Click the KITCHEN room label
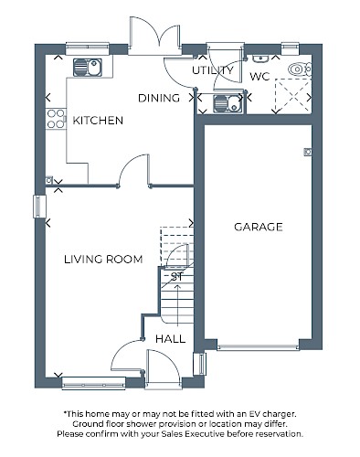pyautogui.click(x=98, y=121)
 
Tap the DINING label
pyautogui.click(x=159, y=98)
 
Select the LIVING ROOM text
pyautogui.click(x=103, y=260)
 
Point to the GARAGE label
pyautogui.click(x=259, y=227)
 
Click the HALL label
pyautogui.click(x=170, y=339)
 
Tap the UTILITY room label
pyautogui.click(x=213, y=70)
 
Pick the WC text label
pyautogui.click(x=259, y=76)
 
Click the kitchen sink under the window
pyautogui.click(x=88, y=68)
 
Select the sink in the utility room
pyautogui.click(x=228, y=103)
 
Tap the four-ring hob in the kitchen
pyautogui.click(x=56, y=119)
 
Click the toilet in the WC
pyautogui.click(x=300, y=69)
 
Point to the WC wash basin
pyautogui.click(x=259, y=58)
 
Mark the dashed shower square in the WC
pyautogui.click(x=293, y=96)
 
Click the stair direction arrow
pyautogui.click(x=177, y=304)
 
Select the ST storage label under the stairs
pyautogui.click(x=177, y=277)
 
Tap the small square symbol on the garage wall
pyautogui.click(x=308, y=152)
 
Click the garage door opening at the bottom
pyautogui.click(x=259, y=347)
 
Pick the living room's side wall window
pyautogui.click(x=38, y=207)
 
